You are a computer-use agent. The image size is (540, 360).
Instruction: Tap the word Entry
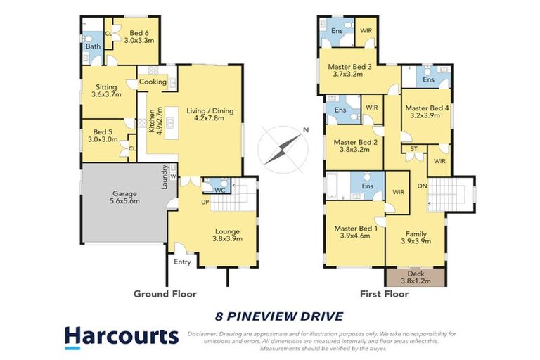tap(181, 262)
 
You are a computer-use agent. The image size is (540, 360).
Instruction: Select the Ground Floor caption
tap(165, 294)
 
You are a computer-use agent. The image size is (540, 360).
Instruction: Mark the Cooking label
tap(153, 82)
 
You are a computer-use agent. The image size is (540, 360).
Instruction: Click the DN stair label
tap(422, 186)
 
